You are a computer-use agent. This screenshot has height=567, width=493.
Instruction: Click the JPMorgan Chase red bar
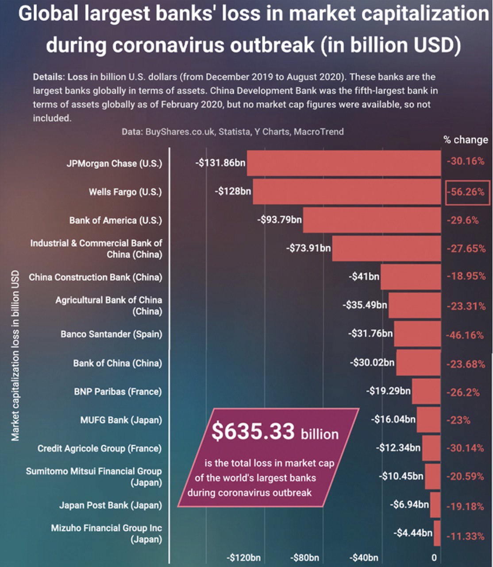pos(343,163)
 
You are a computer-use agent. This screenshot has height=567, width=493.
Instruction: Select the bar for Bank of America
pos(372,220)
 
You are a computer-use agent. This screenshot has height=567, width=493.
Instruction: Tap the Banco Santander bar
pos(417,334)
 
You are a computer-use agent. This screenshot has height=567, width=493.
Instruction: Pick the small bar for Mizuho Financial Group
pos(437,533)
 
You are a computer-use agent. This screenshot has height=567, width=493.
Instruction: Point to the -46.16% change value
pos(465,335)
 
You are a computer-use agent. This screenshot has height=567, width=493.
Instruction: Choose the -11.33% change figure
pos(465,536)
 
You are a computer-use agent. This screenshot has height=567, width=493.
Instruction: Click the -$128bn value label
pos(233,191)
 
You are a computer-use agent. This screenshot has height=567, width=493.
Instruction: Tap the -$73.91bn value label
pos(309,248)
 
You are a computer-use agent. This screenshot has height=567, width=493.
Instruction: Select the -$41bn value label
pos(364,276)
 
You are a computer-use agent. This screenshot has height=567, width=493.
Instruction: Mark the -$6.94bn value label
pos(409,504)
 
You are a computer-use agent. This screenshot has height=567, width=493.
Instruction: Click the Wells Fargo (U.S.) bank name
pos(125,192)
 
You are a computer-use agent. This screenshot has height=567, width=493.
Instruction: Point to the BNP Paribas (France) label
pos(118,392)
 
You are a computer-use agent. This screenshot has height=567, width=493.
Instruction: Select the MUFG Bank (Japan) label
pos(121,420)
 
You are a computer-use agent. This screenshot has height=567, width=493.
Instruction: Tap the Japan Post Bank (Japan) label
pos(111,505)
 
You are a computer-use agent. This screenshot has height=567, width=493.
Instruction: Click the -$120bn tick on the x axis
pos(243,558)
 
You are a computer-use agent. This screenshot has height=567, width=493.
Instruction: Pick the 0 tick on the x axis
pos(434,558)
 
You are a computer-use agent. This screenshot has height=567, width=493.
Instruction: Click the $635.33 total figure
pos(253,431)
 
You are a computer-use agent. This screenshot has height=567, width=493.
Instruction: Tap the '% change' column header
pos(466,140)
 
